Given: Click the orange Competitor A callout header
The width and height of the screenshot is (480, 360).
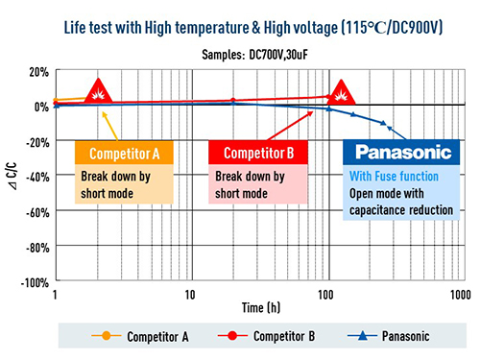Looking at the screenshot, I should tap(124, 154).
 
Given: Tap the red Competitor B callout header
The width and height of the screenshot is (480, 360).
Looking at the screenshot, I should tap(257, 154).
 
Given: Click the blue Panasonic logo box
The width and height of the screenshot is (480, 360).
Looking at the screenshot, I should tap(395, 154).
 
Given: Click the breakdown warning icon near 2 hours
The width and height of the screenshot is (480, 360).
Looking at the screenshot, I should tap(97, 92).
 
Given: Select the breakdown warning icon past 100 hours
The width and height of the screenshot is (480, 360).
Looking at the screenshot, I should tap(340, 93).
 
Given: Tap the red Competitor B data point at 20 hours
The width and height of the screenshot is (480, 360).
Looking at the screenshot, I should tap(232, 101).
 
